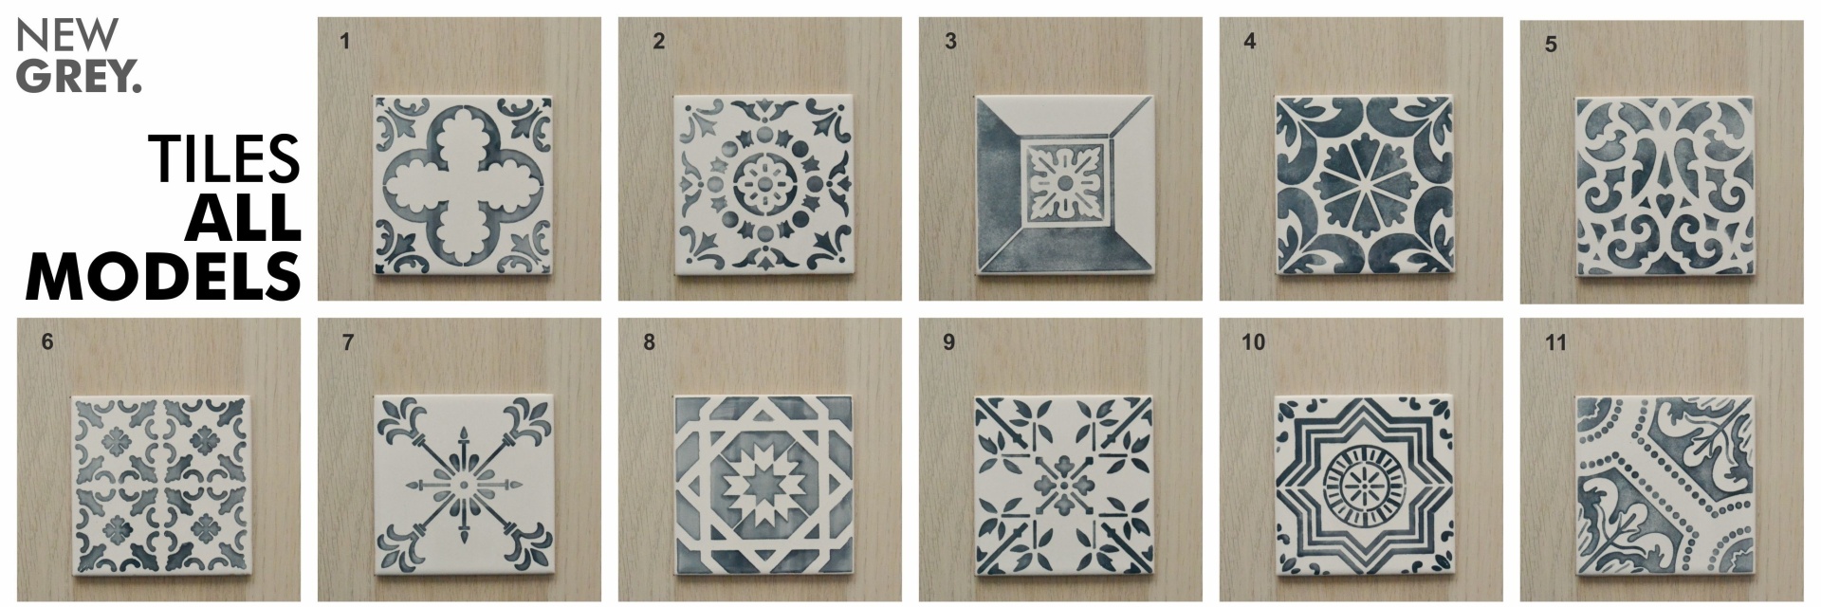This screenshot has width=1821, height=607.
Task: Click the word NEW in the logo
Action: point(67,35)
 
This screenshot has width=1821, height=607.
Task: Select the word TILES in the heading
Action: point(224,158)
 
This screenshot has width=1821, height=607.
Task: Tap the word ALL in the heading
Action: point(243,217)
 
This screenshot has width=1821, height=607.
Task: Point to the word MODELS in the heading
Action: point(164,276)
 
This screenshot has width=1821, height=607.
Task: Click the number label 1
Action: point(344,42)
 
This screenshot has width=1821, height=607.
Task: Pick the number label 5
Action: point(1551,45)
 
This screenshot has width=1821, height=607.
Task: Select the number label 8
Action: point(649,342)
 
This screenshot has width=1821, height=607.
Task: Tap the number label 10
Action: point(1253,342)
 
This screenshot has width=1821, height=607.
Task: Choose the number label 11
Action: point(1555,342)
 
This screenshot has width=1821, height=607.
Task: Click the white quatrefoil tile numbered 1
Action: point(462,185)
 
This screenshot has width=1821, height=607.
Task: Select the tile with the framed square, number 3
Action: point(1063,185)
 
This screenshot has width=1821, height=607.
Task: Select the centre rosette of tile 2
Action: point(763,182)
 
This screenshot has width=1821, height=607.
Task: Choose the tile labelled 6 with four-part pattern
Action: point(160,486)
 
